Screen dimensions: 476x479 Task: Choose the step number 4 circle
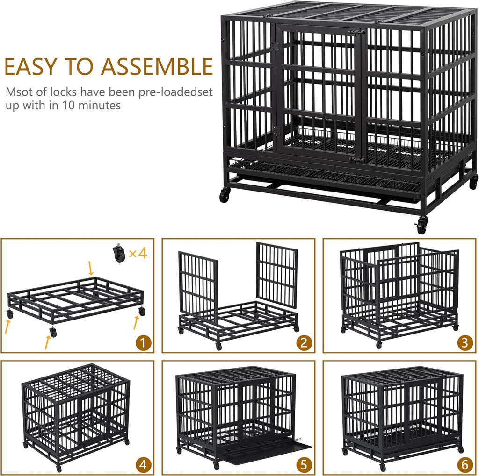tap(144, 465)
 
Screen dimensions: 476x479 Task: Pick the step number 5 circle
tap(304, 465)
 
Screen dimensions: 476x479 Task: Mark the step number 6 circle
tap(464, 465)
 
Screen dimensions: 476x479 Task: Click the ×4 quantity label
tap(138, 254)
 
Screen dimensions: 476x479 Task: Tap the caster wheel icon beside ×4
tap(119, 254)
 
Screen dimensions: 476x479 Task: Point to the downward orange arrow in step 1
tap(91, 269)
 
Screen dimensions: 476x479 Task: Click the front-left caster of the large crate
tap(225, 195)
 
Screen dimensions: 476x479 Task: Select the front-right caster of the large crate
tap(422, 226)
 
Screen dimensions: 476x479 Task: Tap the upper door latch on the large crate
tap(357, 32)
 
